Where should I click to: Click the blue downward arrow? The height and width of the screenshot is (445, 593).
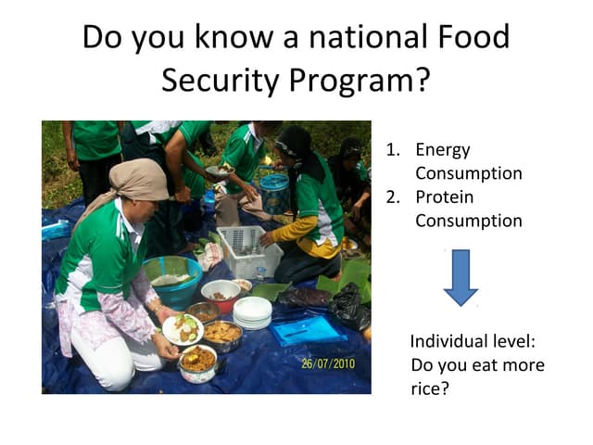coord(460,276)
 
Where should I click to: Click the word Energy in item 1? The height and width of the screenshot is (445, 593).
coord(443,149)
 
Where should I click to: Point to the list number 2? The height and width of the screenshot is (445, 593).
coord(394,197)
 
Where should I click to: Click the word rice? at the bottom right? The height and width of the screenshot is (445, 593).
coord(430,388)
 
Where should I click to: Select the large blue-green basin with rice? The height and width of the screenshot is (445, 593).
coord(172,278)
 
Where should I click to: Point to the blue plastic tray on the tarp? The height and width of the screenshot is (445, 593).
coord(308,329)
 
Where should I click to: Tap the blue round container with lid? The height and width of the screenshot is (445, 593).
coord(274,193)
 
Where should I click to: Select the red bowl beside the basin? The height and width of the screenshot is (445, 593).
coord(221,295)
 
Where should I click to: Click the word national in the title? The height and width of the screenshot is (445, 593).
coord(359,37)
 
